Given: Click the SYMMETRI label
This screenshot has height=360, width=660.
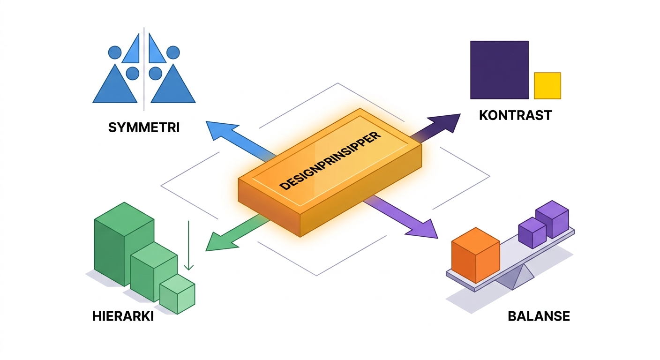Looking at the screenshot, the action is (144, 127).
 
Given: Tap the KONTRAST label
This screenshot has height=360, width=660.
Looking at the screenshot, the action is (515, 115).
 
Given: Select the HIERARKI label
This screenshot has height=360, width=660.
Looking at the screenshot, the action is (123, 316).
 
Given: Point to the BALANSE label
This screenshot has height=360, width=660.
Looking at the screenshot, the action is (539, 316).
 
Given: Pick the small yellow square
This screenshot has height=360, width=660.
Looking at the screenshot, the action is (547, 86).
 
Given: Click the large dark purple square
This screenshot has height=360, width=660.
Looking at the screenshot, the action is (499, 70).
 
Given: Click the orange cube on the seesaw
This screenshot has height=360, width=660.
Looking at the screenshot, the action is (476, 255).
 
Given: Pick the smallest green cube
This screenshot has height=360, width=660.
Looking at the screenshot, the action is (177, 294).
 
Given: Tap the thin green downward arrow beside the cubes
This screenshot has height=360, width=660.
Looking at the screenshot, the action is (188, 245).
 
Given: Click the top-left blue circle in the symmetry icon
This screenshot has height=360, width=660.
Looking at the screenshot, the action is (115, 52).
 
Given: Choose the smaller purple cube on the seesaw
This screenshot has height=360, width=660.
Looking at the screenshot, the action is (532, 232).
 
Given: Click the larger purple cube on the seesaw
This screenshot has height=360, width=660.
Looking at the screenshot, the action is (552, 219).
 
